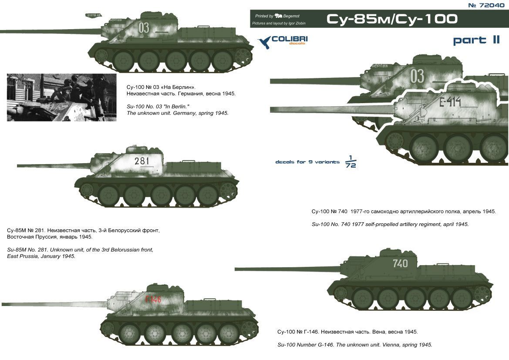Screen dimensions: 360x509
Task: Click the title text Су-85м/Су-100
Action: (392, 19)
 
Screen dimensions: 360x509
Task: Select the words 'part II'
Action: (476, 40)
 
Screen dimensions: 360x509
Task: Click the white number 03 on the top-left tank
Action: (144, 28)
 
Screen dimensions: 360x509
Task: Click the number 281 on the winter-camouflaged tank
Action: (142, 161)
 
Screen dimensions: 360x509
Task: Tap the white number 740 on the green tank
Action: (400, 263)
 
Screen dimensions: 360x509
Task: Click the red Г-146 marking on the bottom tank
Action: (153, 299)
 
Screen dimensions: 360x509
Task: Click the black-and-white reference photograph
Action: (62, 97)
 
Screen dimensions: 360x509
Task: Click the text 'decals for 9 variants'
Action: (307, 162)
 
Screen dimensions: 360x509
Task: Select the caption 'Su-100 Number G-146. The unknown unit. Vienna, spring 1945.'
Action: (355, 344)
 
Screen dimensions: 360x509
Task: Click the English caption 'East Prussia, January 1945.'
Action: (41, 256)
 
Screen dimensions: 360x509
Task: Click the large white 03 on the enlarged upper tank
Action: (417, 76)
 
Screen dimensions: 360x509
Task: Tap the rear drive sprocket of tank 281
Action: (229, 190)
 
